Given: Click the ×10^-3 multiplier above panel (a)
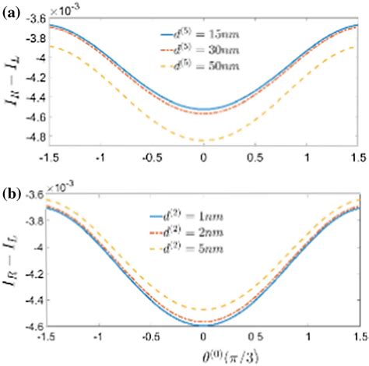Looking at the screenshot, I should click(65, 7).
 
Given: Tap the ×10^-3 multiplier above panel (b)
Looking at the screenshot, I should click(65, 189).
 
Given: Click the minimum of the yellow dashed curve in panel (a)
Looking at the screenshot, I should click(204, 141).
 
